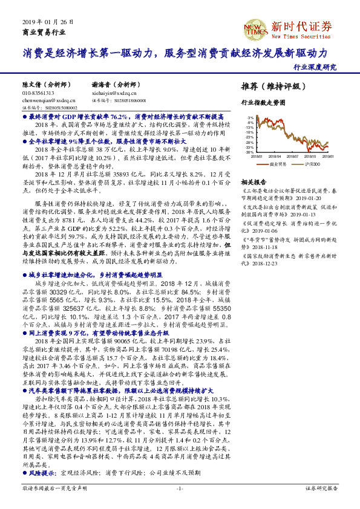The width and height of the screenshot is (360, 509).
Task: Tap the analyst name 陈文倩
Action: coord(31,85)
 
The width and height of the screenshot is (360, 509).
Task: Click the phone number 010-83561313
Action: coord(38,94)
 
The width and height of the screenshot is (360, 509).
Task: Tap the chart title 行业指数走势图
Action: coord(263,104)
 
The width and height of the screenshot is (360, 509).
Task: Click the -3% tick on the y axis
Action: coord(249,118)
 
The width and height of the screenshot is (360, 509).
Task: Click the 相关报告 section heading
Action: coord(254,182)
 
